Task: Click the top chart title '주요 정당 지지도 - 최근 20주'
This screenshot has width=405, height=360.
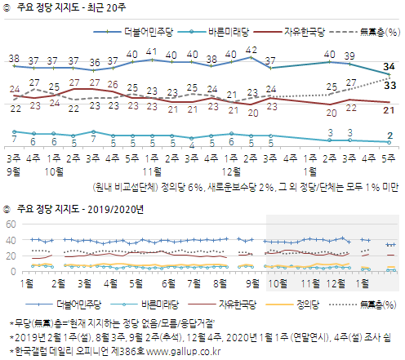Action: (x=69, y=9)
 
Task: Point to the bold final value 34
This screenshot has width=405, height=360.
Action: (x=390, y=66)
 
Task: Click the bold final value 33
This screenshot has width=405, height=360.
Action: (x=390, y=84)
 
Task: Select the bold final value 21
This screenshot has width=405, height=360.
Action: (x=390, y=109)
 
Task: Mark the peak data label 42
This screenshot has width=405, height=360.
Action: (x=252, y=49)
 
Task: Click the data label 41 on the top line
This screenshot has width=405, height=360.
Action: (x=152, y=51)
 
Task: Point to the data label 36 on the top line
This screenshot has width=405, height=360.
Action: (x=93, y=62)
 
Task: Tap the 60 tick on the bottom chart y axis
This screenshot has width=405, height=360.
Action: (x=11, y=224)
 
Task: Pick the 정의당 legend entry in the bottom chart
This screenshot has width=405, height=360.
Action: (x=304, y=304)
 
